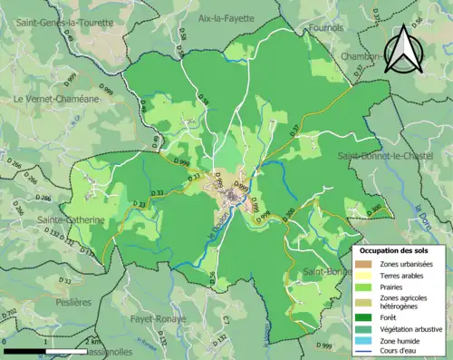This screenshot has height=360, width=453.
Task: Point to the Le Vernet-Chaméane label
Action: point(56,98)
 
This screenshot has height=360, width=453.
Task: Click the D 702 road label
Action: point(9,314)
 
